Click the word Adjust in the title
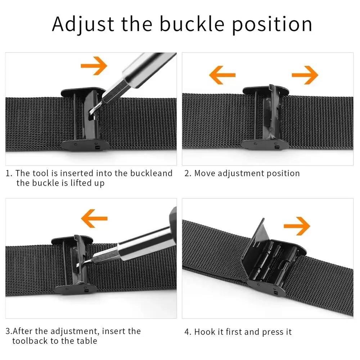[x=83, y=24]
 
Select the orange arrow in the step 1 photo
[x=94, y=66]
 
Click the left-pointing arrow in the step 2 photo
[x=222, y=75]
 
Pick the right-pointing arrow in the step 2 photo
[x=305, y=75]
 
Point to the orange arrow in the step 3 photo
[x=94, y=218]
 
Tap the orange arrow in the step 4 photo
[x=297, y=226]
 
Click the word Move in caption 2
[x=205, y=173]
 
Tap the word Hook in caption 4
[x=205, y=332]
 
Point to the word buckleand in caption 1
[x=150, y=173]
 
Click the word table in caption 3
[x=86, y=341]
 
